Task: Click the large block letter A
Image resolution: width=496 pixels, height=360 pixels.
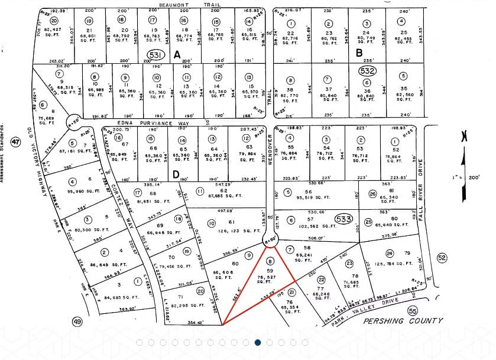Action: point(176,55)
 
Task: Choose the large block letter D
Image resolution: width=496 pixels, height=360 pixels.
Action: point(176,174)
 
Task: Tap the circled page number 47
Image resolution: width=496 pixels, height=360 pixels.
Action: point(16,142)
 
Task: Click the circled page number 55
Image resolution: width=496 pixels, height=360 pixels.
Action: point(413,311)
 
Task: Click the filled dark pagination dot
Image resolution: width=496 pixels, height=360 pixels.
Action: point(258,342)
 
